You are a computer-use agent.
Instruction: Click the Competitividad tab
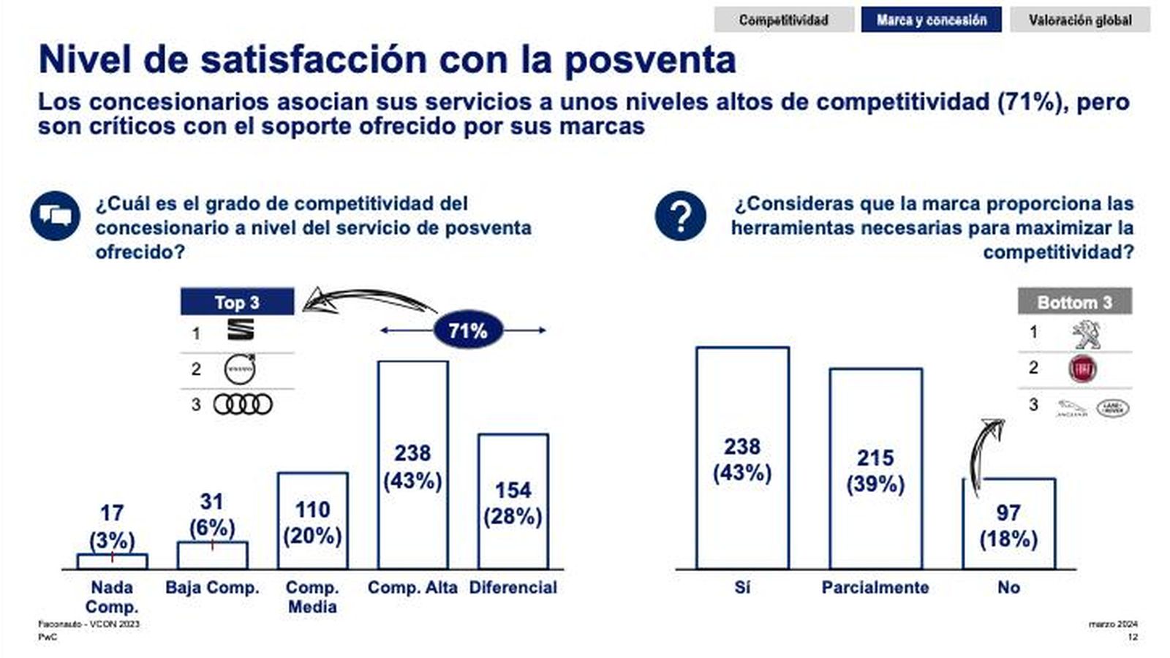(x=783, y=20)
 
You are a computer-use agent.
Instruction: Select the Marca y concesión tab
(x=931, y=20)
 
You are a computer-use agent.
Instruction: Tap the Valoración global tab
(x=1079, y=20)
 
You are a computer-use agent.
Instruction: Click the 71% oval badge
(x=467, y=330)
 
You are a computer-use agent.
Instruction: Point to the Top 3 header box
(x=237, y=302)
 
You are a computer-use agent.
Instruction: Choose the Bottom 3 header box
(x=1074, y=302)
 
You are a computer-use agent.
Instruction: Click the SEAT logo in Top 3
(x=241, y=330)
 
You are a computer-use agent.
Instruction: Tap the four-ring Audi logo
(x=243, y=404)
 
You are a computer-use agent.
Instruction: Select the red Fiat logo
(x=1082, y=369)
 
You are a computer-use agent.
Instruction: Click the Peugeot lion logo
(x=1086, y=333)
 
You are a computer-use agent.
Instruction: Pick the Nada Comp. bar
(x=112, y=561)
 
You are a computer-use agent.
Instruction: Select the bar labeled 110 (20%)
(x=312, y=521)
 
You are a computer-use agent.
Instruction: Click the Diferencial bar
(x=513, y=502)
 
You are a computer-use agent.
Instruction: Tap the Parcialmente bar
(x=875, y=469)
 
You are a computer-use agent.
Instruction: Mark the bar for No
(x=1008, y=523)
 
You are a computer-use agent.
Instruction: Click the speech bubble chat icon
(x=55, y=215)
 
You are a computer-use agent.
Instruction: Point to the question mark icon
(x=680, y=216)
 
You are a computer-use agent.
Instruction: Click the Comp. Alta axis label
(x=412, y=587)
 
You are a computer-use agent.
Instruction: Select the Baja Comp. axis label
(x=212, y=587)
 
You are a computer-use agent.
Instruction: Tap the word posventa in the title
(x=650, y=60)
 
